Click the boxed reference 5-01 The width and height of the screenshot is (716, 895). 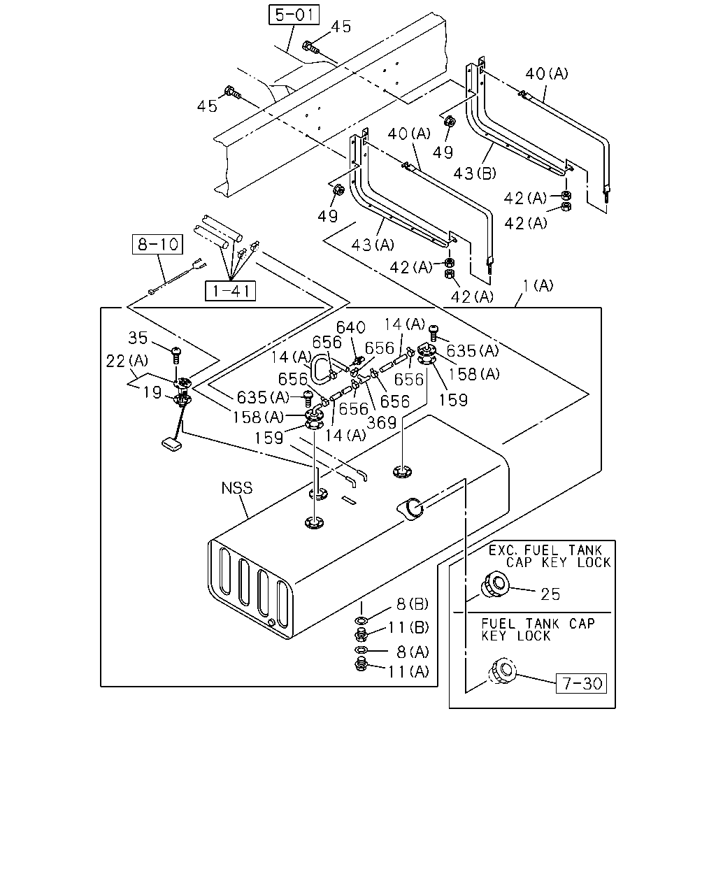click(294, 15)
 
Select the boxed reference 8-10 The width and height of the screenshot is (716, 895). click(157, 244)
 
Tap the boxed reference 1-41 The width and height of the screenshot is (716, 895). click(230, 291)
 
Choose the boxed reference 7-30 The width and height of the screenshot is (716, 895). click(581, 683)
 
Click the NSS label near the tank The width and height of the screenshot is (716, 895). click(237, 487)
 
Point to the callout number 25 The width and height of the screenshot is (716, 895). click(550, 594)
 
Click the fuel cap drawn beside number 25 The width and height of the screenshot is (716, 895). click(495, 585)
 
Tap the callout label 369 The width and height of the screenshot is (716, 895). click(381, 422)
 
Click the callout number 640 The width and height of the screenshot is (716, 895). click(351, 327)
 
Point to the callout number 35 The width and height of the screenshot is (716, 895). click(138, 338)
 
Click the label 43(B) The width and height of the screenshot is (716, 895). click(475, 173)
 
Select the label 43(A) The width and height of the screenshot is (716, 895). click(373, 245)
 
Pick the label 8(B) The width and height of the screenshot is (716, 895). click(413, 604)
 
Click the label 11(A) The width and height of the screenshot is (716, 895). click(408, 671)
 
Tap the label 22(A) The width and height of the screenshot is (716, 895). click(127, 361)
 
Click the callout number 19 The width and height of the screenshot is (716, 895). click(152, 392)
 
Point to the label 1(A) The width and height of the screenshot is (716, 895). click(538, 286)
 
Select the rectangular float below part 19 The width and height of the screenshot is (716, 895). click(171, 444)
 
